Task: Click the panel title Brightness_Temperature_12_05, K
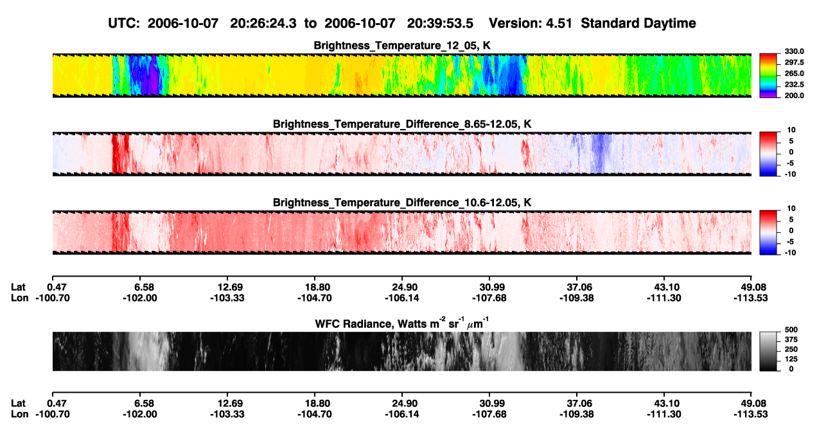(402, 46)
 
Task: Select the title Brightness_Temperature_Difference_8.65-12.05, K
(402, 124)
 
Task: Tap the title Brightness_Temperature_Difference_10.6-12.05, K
(402, 203)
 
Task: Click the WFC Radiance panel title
(402, 323)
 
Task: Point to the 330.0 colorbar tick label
(794, 51)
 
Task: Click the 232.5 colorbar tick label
(794, 85)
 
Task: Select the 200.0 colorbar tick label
(794, 96)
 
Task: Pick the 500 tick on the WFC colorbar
(791, 330)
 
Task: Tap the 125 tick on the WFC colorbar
(791, 359)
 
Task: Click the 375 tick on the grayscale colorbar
(791, 339)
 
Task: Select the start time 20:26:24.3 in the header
(263, 23)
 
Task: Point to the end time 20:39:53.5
(440, 23)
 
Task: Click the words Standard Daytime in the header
(638, 23)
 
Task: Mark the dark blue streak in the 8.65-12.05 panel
(599, 153)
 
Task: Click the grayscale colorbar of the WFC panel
(768, 351)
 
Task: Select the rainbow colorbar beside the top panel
(768, 76)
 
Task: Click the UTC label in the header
(124, 23)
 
